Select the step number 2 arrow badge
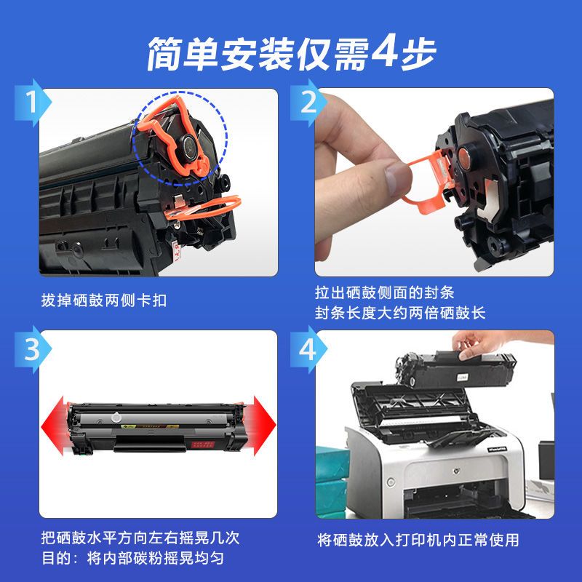(x=308, y=103)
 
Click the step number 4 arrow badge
(x=308, y=349)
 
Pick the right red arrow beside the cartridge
(x=261, y=426)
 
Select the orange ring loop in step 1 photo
(x=202, y=209)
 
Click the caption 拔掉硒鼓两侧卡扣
(x=104, y=300)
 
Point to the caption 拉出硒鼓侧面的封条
(x=385, y=292)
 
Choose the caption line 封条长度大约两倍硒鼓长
(x=400, y=313)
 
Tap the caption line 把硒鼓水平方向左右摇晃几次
(x=140, y=538)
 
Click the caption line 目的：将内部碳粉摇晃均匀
(x=133, y=558)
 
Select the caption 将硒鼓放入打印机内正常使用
(x=418, y=540)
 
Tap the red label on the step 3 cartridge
(x=202, y=445)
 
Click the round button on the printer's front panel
(x=391, y=482)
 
